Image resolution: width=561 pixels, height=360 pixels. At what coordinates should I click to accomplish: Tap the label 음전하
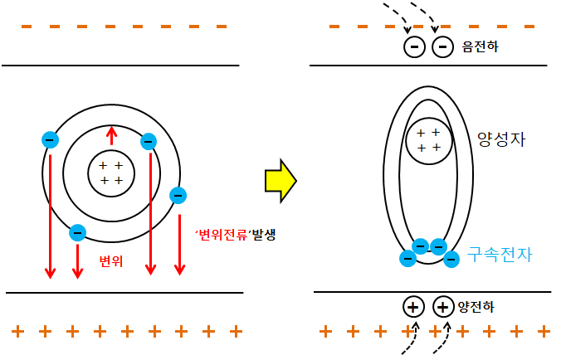(481, 46)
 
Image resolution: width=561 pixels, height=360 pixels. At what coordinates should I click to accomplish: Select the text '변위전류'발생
(235, 235)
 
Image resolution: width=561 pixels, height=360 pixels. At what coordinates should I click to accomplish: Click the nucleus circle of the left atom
(111, 173)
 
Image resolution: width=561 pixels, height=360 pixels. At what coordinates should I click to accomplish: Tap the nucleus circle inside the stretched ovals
(428, 140)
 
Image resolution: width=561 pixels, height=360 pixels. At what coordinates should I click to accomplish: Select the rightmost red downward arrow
(178, 236)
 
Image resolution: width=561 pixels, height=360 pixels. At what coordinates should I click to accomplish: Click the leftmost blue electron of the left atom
(50, 140)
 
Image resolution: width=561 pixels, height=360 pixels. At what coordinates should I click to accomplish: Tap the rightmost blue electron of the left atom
(178, 196)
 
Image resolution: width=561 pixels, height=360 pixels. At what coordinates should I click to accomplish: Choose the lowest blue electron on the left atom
(77, 234)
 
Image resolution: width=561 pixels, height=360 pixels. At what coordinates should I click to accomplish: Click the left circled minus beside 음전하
(414, 46)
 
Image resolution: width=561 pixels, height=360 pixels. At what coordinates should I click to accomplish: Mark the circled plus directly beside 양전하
(443, 306)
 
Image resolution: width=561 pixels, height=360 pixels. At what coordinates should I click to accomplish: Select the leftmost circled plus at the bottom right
(413, 306)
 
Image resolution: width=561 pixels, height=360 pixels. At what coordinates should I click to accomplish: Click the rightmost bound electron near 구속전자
(451, 259)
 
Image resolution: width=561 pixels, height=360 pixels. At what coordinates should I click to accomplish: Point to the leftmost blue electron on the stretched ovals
(407, 258)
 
